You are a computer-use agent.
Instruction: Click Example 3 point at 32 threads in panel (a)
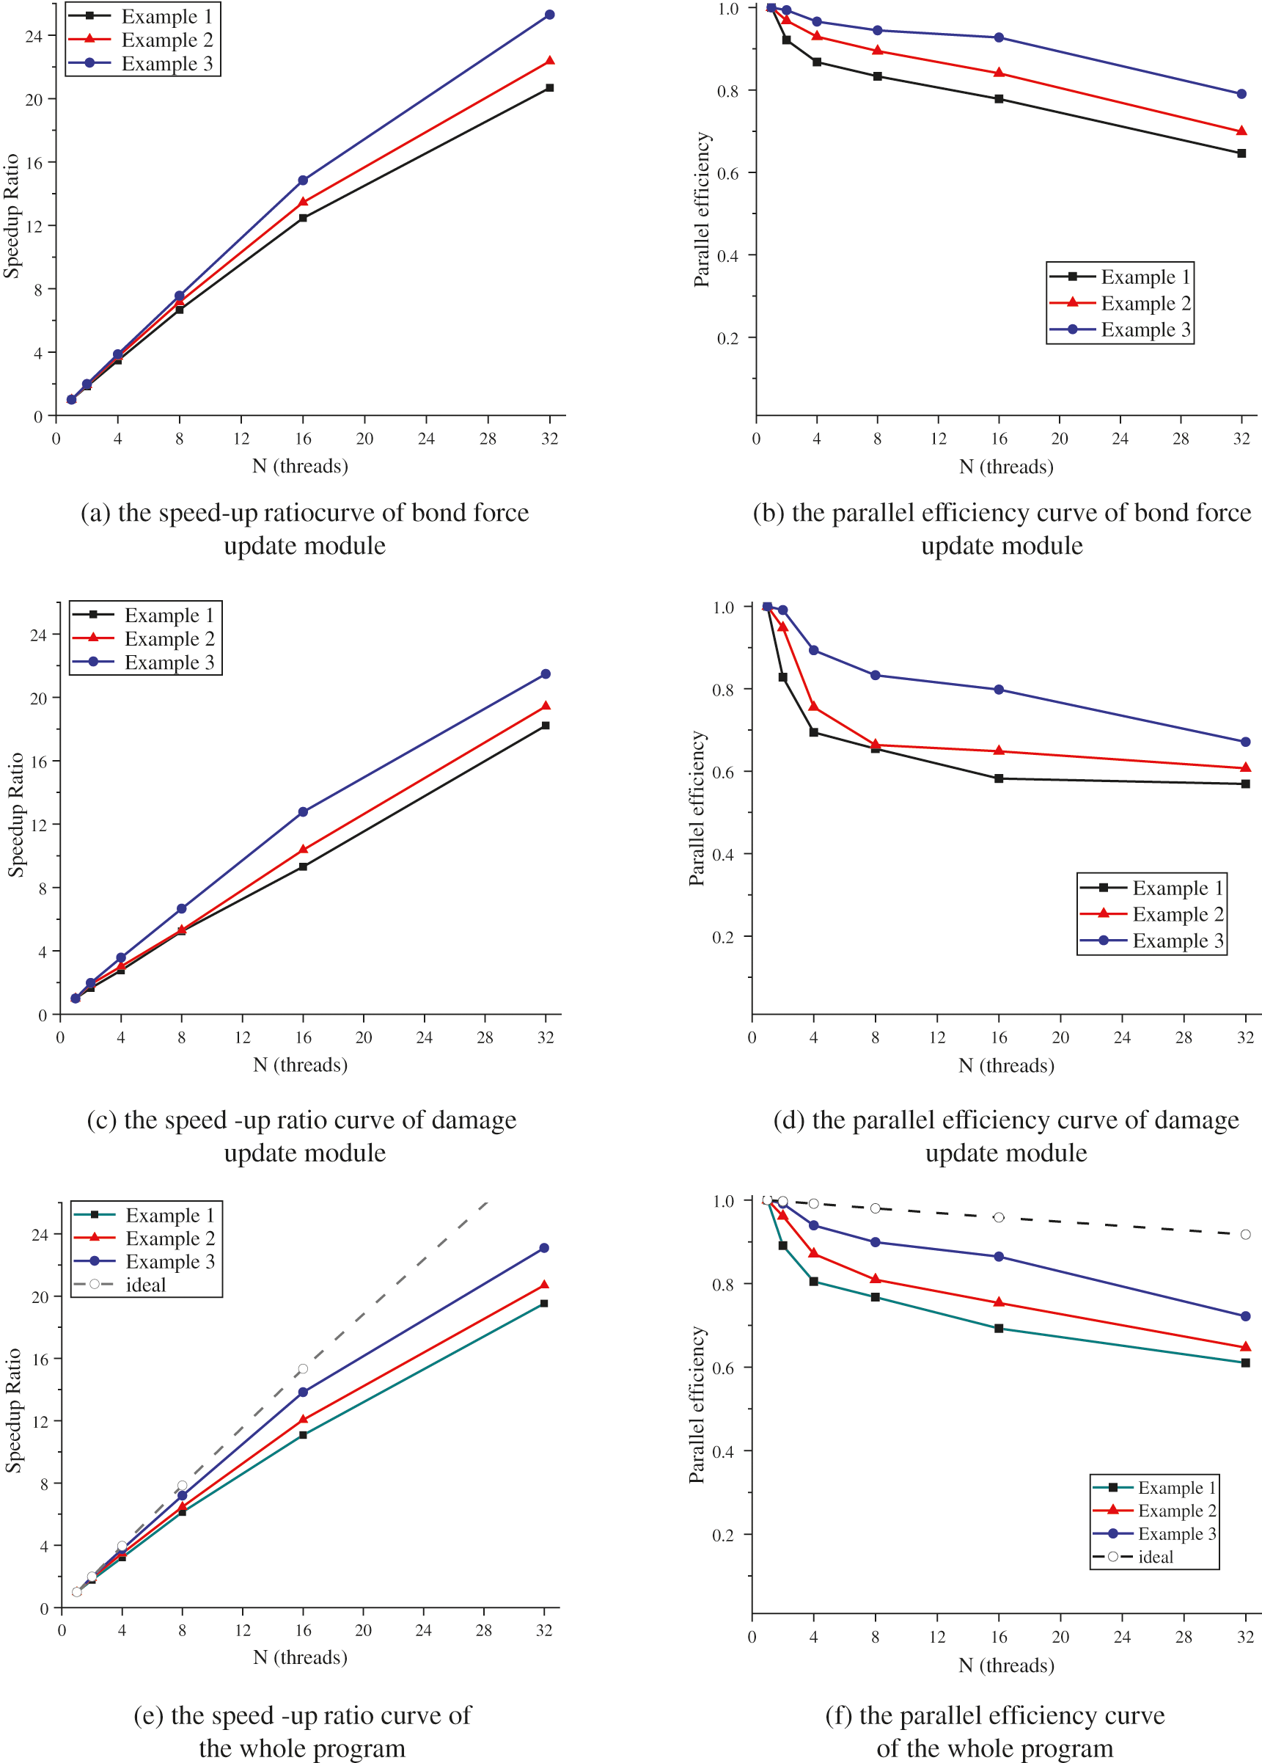(549, 15)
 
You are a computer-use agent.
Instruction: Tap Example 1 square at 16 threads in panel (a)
(303, 218)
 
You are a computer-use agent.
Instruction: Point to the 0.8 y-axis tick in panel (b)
(727, 91)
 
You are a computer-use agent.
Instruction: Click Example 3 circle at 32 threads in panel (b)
(1241, 94)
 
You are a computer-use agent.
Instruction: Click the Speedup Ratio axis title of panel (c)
(15, 815)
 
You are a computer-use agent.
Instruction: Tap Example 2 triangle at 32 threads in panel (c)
(546, 706)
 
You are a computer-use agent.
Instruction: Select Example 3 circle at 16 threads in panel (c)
(303, 811)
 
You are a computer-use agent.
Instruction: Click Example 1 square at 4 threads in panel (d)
(814, 732)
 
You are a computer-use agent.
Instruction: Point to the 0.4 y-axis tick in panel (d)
(723, 854)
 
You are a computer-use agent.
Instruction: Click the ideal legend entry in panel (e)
(145, 1285)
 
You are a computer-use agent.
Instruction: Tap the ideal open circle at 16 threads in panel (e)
(303, 1369)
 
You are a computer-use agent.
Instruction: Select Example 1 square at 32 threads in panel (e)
(544, 1304)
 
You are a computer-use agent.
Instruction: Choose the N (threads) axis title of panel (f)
(1006, 1666)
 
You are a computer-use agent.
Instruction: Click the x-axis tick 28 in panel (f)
(1184, 1637)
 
